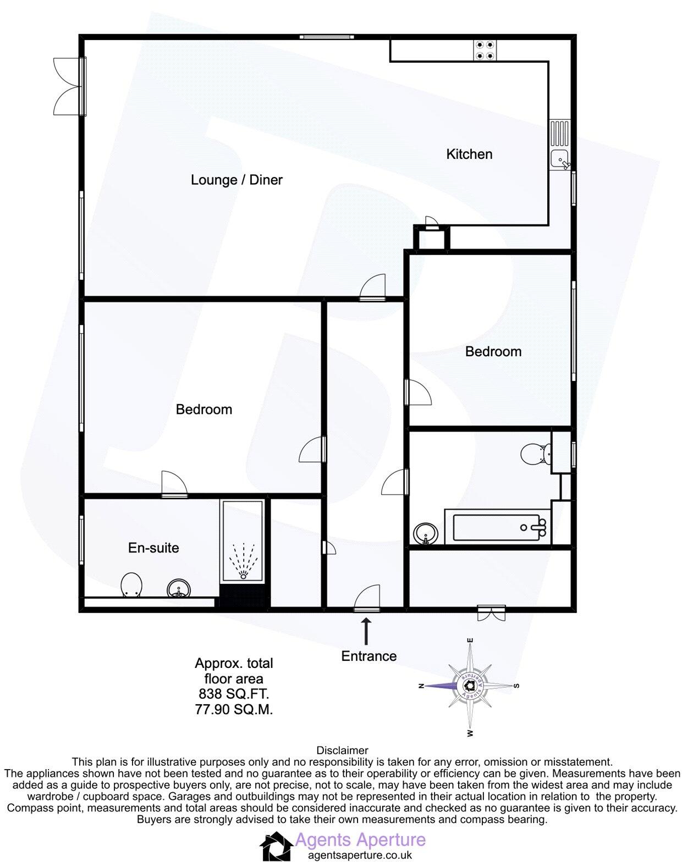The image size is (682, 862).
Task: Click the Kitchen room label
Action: pos(469,154)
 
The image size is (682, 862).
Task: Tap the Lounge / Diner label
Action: pos(237,180)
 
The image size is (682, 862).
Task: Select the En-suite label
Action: pos(153,548)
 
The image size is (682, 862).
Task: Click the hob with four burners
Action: pos(485,51)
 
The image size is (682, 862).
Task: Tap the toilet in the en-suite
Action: pos(131,585)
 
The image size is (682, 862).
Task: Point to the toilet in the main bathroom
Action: pos(535,454)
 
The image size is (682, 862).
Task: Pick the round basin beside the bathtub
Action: pos(426,533)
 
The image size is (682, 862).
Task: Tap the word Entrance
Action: pos(369,656)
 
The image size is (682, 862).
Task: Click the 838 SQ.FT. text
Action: pos(234,694)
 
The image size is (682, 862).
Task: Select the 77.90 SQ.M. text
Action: pos(234,710)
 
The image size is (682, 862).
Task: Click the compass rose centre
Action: pos(470,686)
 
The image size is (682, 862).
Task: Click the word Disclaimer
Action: pos(342,750)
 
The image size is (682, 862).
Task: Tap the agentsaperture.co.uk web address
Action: pos(360,855)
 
